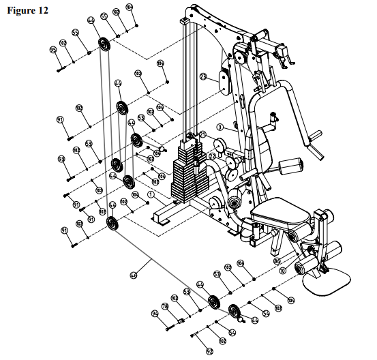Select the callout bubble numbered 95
click(x=53, y=50)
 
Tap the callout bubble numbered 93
click(x=61, y=159)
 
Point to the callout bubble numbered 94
click(x=155, y=313)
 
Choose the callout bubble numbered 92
click(x=210, y=352)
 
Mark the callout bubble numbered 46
click(x=134, y=275)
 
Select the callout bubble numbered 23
click(x=202, y=77)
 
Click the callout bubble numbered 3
click(x=220, y=127)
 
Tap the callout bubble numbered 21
click(x=202, y=134)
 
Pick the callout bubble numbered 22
click(x=212, y=156)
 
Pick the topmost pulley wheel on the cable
click(x=103, y=44)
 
